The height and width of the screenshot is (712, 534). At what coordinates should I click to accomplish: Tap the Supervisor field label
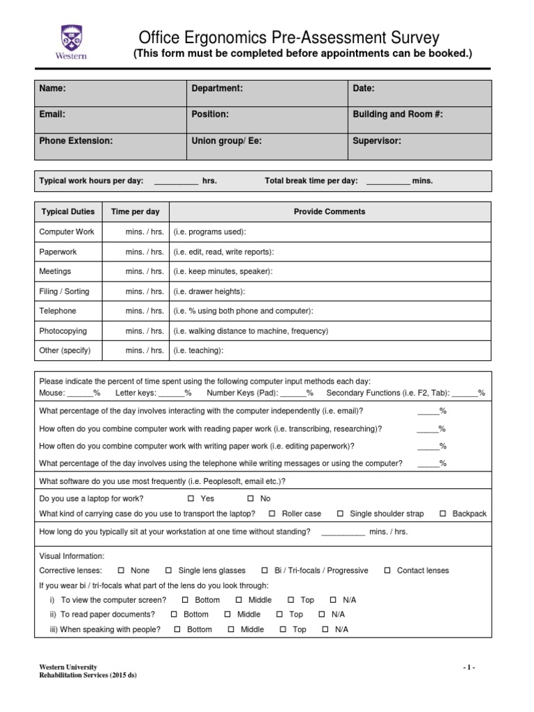(377, 140)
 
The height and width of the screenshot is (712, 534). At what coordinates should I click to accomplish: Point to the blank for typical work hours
(175, 181)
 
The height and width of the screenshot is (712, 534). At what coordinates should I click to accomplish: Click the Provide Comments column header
(329, 211)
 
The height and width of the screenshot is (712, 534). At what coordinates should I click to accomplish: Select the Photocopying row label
(63, 331)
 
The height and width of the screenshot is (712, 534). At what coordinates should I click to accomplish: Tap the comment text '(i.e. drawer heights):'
(209, 291)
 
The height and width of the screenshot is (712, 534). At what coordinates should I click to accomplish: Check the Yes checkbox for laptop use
(191, 499)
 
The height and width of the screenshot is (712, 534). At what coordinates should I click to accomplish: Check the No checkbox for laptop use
(251, 499)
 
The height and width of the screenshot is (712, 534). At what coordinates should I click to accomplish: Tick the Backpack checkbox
(443, 514)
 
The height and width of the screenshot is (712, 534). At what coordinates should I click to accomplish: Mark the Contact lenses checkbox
(387, 570)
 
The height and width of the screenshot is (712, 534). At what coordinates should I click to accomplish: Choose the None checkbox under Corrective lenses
(122, 570)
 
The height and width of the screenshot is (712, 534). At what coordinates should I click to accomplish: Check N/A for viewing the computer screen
(333, 599)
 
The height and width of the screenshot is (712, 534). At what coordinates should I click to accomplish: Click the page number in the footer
(469, 667)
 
